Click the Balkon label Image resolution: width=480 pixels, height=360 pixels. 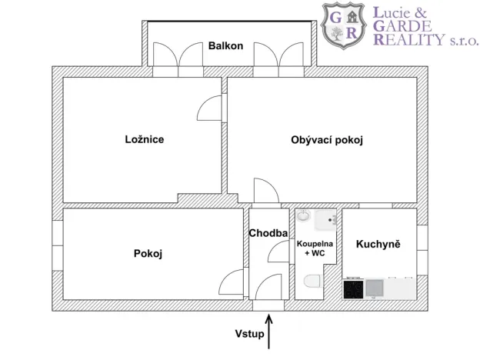click(x=225, y=46)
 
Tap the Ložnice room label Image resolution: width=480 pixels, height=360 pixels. click(x=145, y=140)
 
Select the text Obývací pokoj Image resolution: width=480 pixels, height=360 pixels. click(x=326, y=140)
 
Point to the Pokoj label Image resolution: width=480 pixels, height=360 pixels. click(x=148, y=253)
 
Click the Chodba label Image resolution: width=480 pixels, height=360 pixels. click(x=268, y=232)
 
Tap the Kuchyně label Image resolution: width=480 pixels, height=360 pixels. click(x=378, y=244)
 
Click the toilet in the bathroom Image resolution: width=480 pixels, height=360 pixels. click(x=312, y=284)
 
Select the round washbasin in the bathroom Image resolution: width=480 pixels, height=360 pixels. click(x=303, y=216)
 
